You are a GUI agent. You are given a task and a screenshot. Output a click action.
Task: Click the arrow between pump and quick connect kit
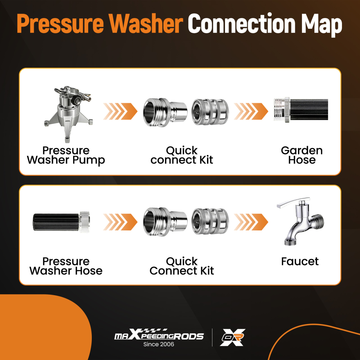click(x=120, y=111)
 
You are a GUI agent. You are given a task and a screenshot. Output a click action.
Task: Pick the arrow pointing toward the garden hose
click(x=251, y=111)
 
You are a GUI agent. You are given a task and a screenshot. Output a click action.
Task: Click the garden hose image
click(x=301, y=110)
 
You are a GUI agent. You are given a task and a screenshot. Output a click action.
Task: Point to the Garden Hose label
click(x=302, y=155)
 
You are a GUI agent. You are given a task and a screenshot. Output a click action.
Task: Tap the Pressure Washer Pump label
click(x=66, y=156)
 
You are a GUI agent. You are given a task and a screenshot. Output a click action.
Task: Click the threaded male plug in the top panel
click(x=165, y=112)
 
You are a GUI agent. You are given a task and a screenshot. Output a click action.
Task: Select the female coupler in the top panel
click(x=210, y=112)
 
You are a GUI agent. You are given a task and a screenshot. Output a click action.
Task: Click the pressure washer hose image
click(x=61, y=222)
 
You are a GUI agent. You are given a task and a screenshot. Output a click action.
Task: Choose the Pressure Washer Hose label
click(x=66, y=266)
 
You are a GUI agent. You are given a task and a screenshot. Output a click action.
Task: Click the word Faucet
click(x=300, y=261)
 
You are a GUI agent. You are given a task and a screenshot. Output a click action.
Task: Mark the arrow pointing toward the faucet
click(x=251, y=222)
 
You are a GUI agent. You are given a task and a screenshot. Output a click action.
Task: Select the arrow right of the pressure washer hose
click(x=120, y=222)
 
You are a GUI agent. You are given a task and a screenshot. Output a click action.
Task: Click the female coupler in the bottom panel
click(x=210, y=221)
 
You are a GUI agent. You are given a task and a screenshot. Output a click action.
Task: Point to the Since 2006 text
click(x=159, y=344)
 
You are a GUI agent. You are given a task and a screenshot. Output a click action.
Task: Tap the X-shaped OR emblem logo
click(x=232, y=337)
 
